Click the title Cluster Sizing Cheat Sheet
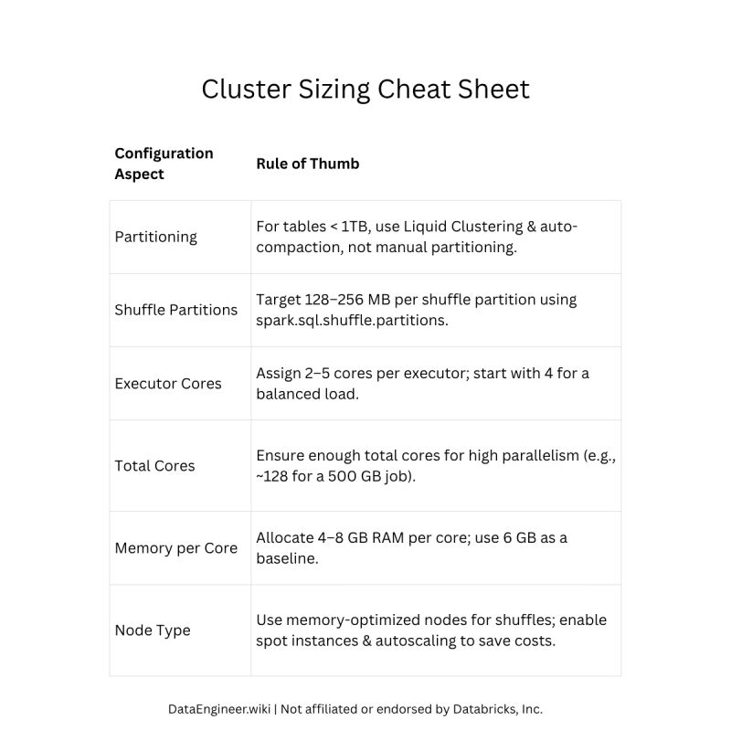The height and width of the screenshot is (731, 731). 365,90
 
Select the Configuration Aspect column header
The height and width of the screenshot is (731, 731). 164,164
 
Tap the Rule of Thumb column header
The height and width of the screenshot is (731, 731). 308,164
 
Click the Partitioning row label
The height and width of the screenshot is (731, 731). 155,237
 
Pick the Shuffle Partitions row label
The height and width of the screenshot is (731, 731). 175,310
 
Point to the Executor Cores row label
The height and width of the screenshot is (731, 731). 168,384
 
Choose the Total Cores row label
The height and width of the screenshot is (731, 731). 154,466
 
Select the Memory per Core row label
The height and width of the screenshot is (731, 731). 175,548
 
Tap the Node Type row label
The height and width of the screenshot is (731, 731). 152,630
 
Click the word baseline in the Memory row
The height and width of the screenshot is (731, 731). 286,559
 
